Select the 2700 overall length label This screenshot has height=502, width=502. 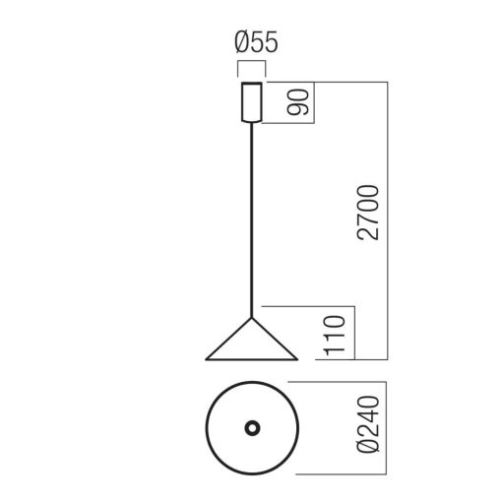tap(367, 213)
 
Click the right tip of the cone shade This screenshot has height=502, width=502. tap(297, 357)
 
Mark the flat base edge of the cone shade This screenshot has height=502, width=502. tap(251, 358)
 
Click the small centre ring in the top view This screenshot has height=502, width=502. tap(251, 429)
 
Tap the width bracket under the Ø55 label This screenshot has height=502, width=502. tap(251, 65)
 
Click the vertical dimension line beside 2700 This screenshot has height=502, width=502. tap(389, 221)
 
